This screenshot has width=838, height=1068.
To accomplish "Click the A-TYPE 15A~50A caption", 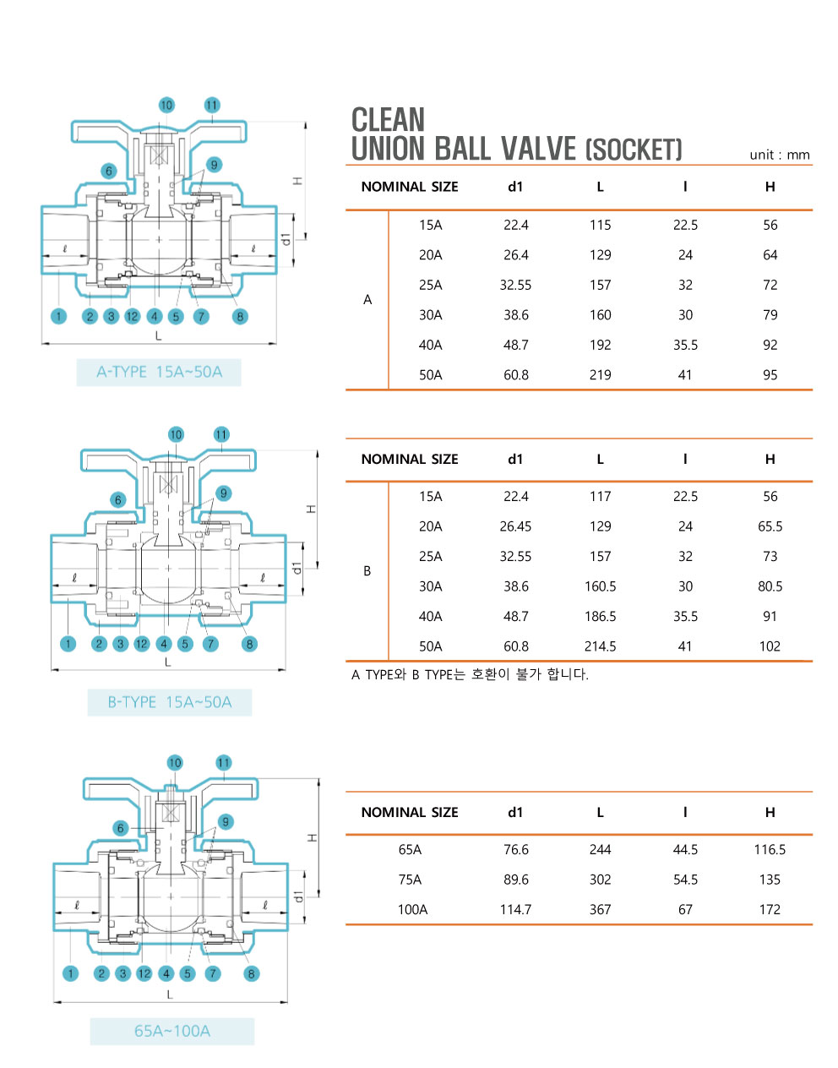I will click(159, 372).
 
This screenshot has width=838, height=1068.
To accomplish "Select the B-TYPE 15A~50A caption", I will click(169, 702).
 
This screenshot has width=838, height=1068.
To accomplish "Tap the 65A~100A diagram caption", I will click(172, 1031).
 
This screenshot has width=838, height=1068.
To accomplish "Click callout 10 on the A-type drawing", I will click(166, 106).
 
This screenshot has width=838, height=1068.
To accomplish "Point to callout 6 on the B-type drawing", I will click(118, 499).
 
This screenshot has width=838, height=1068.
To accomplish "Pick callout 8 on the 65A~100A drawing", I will click(251, 973).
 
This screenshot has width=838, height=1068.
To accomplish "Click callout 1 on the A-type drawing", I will click(58, 316).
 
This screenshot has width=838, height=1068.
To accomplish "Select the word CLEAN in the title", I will click(388, 120).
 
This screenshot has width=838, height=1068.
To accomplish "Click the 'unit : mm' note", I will click(779, 155).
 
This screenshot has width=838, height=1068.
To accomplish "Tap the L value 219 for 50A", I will click(600, 375).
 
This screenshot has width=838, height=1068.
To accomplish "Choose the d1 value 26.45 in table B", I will click(515, 526).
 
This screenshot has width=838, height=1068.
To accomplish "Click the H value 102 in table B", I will click(770, 646).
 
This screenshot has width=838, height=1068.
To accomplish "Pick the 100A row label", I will click(412, 910).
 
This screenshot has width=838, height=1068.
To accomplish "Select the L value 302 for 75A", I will click(600, 880).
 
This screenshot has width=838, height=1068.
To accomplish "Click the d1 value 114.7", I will click(515, 910).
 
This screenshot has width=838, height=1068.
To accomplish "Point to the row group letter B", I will click(367, 571).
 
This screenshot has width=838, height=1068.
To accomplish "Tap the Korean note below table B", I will click(470, 674).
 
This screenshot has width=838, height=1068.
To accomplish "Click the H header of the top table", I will click(770, 187).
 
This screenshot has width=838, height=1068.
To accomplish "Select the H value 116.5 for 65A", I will click(770, 850).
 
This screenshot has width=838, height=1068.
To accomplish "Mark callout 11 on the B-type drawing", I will click(221, 434).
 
